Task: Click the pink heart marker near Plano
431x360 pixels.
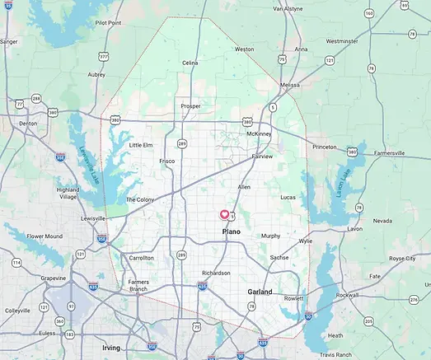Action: [224, 214]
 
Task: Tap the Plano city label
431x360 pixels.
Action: [232, 233]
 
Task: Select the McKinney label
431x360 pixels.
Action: [258, 133]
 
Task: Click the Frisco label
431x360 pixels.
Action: [166, 161]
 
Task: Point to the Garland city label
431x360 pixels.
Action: [260, 292]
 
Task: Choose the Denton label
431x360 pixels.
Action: [28, 123]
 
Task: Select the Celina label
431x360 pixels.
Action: [190, 63]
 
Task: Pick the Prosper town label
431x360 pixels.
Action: [191, 106]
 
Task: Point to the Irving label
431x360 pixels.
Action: [110, 348]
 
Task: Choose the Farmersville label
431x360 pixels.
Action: [393, 152]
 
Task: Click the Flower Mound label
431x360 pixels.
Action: [45, 236]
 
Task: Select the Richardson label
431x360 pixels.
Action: [216, 273]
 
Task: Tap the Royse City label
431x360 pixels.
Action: [402, 258]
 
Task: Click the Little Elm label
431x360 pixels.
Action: [141, 145]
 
